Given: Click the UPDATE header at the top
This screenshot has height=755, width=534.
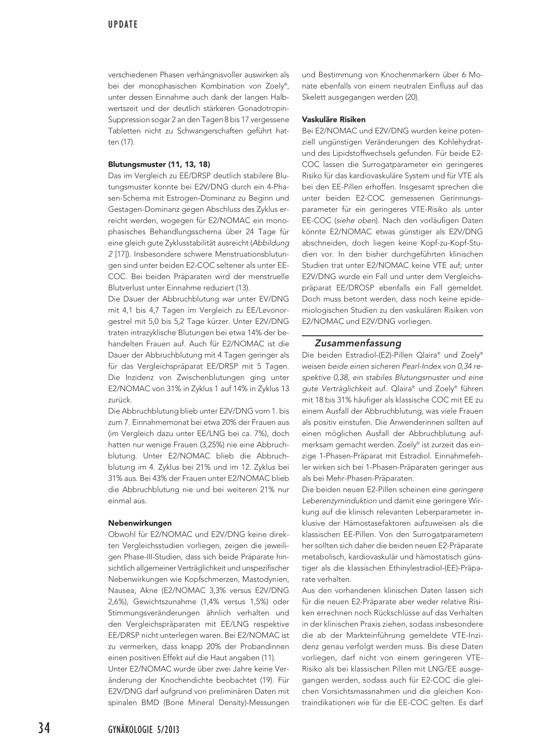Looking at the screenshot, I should (123, 25).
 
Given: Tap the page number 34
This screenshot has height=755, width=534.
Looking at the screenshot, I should (44, 728).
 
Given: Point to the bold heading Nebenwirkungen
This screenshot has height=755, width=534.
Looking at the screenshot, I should (140, 523).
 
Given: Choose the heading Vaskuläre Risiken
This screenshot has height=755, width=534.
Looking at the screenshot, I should (334, 119).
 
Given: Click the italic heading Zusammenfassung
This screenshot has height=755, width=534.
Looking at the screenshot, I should (358, 343).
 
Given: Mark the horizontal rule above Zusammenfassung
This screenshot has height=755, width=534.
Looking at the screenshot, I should (392, 335).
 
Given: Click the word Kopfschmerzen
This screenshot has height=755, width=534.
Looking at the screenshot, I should (196, 579).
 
